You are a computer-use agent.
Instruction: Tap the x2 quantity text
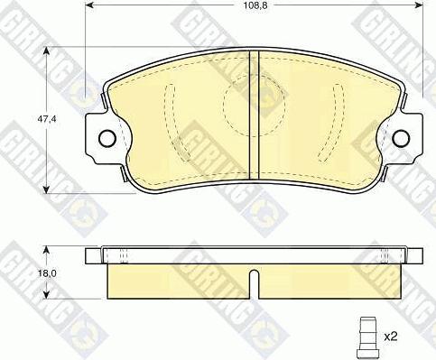coord(390,337)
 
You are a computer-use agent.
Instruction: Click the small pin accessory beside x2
coord(367,337)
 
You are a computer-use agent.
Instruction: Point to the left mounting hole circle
coord(107,138)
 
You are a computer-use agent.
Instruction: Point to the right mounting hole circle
coord(402,138)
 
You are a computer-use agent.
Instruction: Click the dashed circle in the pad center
coord(254,105)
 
